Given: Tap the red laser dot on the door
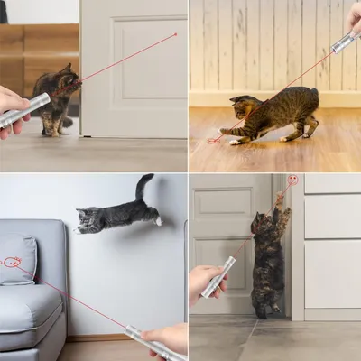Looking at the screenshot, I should tap(175, 34).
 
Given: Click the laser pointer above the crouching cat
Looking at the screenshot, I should tap(343, 42).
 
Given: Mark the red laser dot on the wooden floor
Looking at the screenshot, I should tap(214, 140).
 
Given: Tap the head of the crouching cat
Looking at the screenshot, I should tap(242, 108).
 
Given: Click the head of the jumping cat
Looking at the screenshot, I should tap(88, 219).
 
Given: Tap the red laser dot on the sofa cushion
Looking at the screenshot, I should tap(12, 262).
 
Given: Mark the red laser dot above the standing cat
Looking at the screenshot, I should tap(292, 180).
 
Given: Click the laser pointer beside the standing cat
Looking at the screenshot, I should tap(218, 277).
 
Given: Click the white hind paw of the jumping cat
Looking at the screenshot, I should tap(158, 219).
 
